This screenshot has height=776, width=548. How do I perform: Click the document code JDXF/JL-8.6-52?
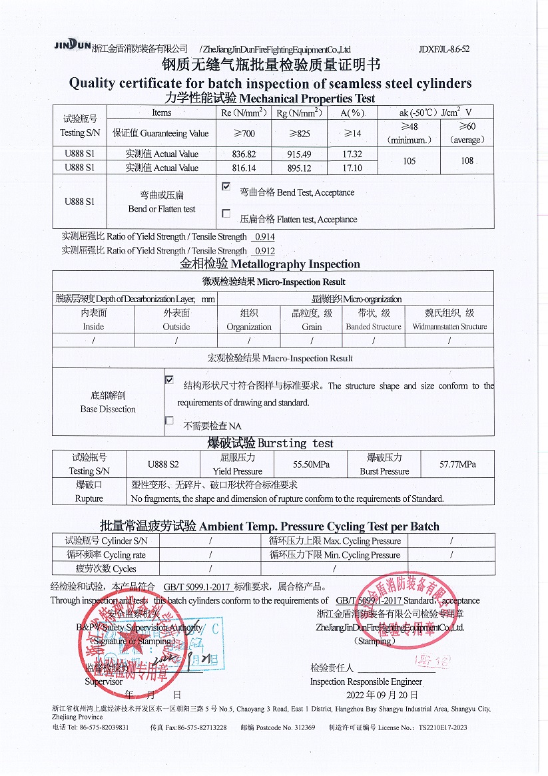coord(444,49)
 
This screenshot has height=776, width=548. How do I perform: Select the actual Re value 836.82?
coord(243,154)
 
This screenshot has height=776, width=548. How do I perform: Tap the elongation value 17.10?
coord(352,168)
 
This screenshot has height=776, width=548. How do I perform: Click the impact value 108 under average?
coord(467,160)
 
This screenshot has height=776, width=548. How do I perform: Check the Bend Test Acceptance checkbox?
coord(226,188)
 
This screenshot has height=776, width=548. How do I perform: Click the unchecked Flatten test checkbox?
coord(226,214)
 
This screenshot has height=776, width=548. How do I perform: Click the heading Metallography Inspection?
coord(270,264)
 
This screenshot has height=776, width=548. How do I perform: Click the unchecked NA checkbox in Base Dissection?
coord(169,421)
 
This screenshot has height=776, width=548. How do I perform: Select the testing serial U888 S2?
coord(163,465)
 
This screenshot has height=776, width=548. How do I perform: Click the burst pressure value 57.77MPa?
coord(457,465)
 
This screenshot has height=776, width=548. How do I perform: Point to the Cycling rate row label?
coord(106,555)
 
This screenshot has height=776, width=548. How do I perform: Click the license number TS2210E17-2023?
coord(435,728)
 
